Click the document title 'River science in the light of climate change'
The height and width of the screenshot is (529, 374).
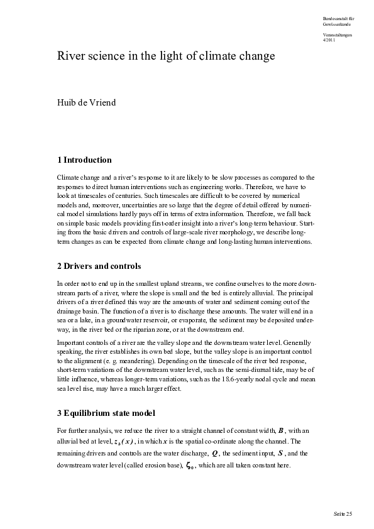click(x=166, y=57)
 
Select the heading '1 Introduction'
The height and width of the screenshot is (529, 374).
click(x=84, y=160)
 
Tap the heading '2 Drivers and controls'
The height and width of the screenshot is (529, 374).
click(x=99, y=266)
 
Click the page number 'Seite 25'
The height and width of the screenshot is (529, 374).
click(x=343, y=514)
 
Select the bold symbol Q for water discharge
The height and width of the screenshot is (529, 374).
click(x=216, y=454)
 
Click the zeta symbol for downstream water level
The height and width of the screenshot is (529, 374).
click(x=189, y=466)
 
